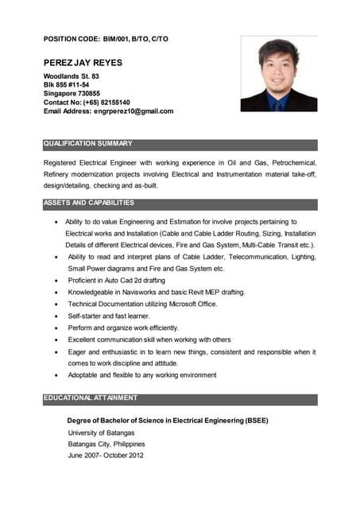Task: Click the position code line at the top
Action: pos(106,39)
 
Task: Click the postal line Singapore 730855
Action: pos(72,94)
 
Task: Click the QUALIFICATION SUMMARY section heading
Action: pos(88,144)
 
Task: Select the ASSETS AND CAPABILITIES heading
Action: pos(89,203)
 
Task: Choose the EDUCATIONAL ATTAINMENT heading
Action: pos(91,398)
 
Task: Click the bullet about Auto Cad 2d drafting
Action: pos(116,281)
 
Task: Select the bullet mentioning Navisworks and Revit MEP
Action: pos(156,293)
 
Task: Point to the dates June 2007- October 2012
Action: pos(106,456)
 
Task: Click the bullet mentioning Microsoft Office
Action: pos(142,305)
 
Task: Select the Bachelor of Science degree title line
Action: pos(168,420)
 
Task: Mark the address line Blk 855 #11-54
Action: pos(66,85)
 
